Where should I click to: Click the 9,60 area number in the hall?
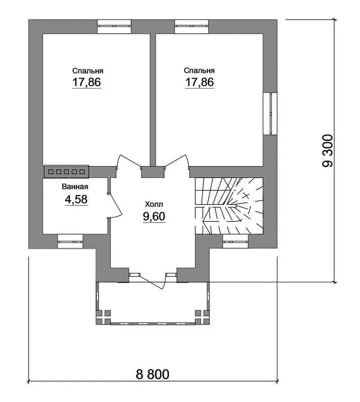coord(154,217)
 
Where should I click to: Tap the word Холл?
coord(154,204)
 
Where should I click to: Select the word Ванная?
coord(75,187)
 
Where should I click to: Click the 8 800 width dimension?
coord(153,374)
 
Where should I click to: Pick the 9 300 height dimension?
coord(328,151)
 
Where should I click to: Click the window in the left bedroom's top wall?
coord(114,27)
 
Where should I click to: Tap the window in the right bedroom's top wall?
coord(191,27)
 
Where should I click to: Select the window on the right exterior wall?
coord(270,113)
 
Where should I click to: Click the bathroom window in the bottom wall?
coord(70,241)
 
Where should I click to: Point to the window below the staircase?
coord(235,241)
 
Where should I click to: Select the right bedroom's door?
coord(176,161)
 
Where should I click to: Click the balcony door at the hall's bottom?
coord(153,281)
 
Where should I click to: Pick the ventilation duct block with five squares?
coord(67,171)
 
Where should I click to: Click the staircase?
coord(229,206)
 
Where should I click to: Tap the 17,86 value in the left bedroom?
coord(87,83)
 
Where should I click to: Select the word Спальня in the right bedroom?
coord(199,71)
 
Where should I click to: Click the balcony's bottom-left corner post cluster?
coord(103,317)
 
